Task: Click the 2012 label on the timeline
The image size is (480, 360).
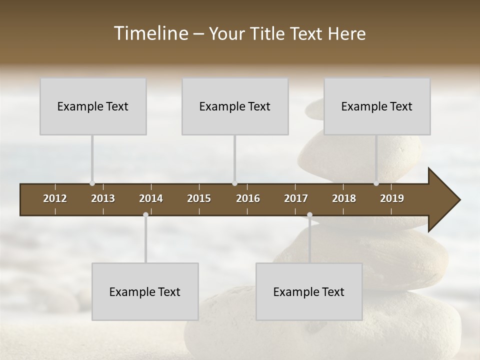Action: [x=55, y=198]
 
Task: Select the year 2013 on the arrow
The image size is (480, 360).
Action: [x=103, y=198]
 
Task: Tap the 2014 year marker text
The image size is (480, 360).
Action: [x=151, y=198]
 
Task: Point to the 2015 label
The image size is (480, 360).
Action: [x=199, y=198]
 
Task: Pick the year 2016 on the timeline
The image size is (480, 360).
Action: [x=248, y=198]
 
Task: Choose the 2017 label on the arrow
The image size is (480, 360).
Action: [x=296, y=198]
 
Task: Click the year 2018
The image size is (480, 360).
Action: [x=344, y=198]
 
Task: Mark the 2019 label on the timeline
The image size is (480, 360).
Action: [x=392, y=198]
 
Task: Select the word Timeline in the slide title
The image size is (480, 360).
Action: [x=150, y=33]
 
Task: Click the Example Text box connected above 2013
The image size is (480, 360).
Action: [x=93, y=106]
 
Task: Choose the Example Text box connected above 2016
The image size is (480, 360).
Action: [x=235, y=106]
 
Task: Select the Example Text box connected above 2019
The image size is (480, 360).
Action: [x=377, y=106]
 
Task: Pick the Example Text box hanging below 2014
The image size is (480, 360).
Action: [x=145, y=291]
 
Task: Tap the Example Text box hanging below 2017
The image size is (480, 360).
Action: [x=309, y=291]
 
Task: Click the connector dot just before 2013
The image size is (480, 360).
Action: [x=92, y=183]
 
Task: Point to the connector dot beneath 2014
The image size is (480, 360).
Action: [x=145, y=215]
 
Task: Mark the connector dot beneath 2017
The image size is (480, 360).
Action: [x=309, y=215]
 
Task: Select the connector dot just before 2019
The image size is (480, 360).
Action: [x=376, y=183]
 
